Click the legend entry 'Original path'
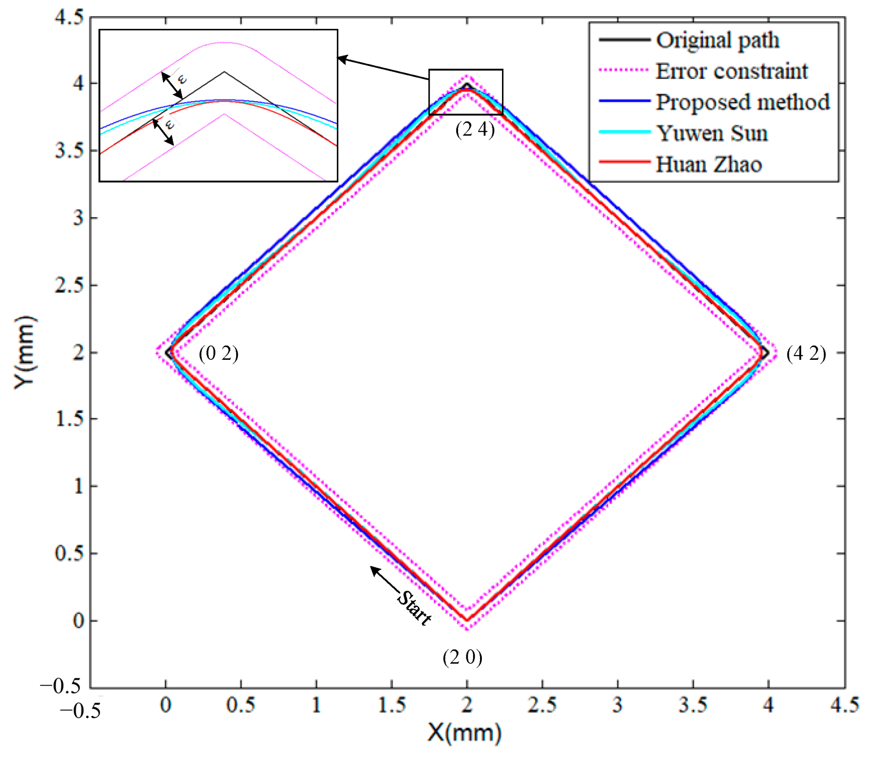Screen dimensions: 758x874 click(x=717, y=40)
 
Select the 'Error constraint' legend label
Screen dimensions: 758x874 click(x=731, y=71)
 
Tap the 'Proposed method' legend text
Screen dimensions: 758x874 click(x=742, y=102)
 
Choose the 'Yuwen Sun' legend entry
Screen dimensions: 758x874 click(x=712, y=133)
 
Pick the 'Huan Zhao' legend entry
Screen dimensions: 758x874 click(x=708, y=164)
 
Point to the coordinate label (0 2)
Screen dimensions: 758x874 click(x=218, y=353)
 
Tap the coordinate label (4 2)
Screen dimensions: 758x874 click(x=805, y=353)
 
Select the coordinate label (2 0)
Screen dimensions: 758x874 click(x=462, y=657)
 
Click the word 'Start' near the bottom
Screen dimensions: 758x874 click(x=413, y=608)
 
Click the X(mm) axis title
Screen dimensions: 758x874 click(x=464, y=733)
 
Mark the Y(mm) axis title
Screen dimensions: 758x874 click(x=24, y=352)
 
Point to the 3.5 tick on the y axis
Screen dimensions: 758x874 click(x=70, y=150)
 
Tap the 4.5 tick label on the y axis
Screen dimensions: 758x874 click(x=70, y=17)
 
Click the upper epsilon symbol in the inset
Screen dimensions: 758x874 click(x=182, y=79)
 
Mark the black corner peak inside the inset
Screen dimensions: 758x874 click(x=224, y=72)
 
